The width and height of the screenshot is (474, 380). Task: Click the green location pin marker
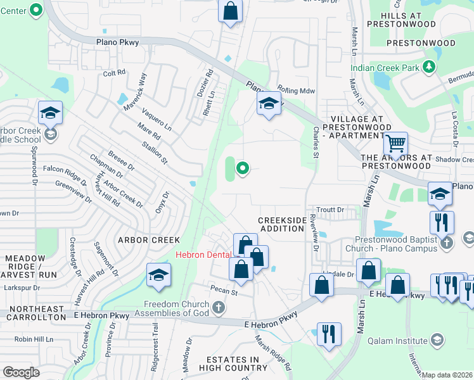[241, 168]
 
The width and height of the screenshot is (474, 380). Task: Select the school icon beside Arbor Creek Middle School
[50, 113]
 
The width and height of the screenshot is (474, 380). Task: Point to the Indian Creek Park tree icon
[429, 66]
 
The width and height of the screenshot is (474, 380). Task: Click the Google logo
[21, 372]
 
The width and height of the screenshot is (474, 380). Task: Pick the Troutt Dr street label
[331, 210]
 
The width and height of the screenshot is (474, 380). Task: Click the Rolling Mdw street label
[297, 91]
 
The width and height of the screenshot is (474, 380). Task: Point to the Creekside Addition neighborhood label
[281, 224]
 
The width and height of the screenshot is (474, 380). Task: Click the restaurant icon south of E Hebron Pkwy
[329, 334]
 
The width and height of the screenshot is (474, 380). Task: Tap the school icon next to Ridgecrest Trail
[158, 275]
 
